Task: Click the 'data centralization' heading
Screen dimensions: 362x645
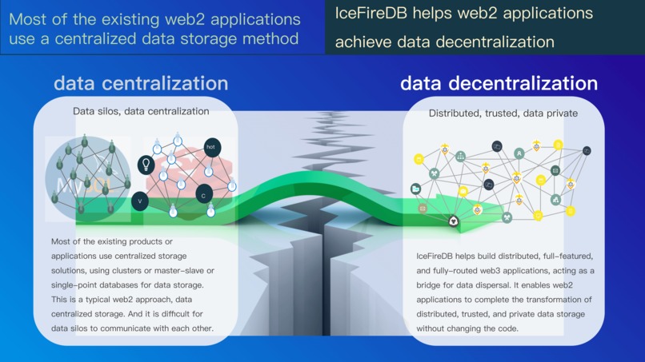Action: click(x=141, y=83)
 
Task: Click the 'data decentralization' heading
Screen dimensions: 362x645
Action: click(x=499, y=83)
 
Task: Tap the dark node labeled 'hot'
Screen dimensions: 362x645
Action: click(x=211, y=147)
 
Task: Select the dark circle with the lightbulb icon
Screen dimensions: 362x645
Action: click(x=146, y=165)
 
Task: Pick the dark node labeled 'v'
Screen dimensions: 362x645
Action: click(x=140, y=201)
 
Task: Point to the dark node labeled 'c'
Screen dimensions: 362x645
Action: click(x=204, y=195)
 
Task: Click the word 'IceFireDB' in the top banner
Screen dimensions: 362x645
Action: click(x=371, y=14)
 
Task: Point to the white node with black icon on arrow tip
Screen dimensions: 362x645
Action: click(x=454, y=221)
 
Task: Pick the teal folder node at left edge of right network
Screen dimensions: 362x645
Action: click(x=416, y=189)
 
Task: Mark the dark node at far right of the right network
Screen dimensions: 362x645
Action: click(x=587, y=151)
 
